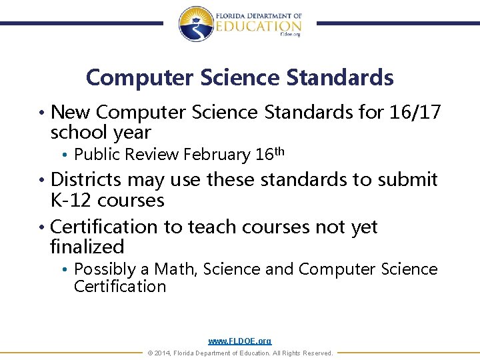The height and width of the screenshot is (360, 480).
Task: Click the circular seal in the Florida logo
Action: point(195,24)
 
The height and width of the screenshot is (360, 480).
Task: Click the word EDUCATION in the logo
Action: point(258,26)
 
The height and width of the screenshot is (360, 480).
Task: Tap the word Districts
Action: point(86,179)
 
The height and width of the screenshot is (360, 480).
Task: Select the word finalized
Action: point(87,247)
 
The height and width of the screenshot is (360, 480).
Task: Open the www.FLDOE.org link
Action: point(240,341)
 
